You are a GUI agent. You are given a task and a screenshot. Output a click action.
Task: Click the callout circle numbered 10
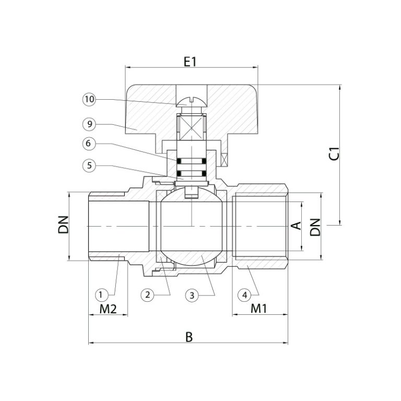pos(89,99)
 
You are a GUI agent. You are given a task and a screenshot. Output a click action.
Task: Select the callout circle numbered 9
pos(89,124)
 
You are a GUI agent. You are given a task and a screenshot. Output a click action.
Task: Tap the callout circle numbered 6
pos(89,144)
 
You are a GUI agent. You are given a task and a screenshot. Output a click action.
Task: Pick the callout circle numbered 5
pos(89,166)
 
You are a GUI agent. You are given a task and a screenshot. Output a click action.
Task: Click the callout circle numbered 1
pos(101,295)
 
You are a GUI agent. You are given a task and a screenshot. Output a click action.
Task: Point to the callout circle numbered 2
pos(148,295)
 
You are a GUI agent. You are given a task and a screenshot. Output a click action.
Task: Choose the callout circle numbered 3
pos(192,296)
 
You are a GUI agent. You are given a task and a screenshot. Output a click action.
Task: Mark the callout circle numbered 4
pos(244,295)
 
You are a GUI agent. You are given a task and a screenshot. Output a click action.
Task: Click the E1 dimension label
pos(190,62)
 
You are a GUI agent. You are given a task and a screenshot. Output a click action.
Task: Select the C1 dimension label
pos(335,154)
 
